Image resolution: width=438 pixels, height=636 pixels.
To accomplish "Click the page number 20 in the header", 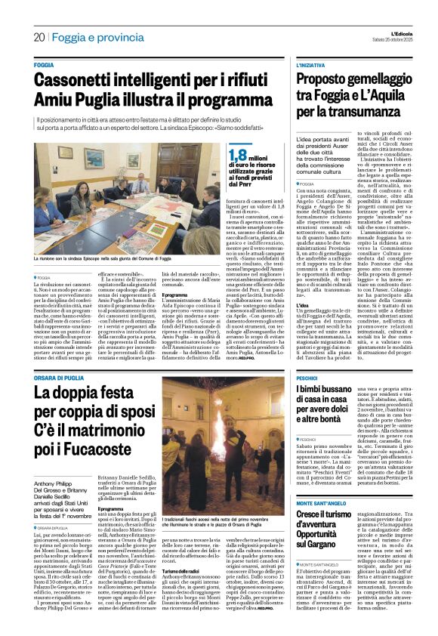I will (x=39, y=37).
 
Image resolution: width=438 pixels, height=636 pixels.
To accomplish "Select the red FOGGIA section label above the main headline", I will (x=45, y=66).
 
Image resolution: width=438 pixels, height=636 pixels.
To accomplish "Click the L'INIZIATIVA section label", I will (x=312, y=66).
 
